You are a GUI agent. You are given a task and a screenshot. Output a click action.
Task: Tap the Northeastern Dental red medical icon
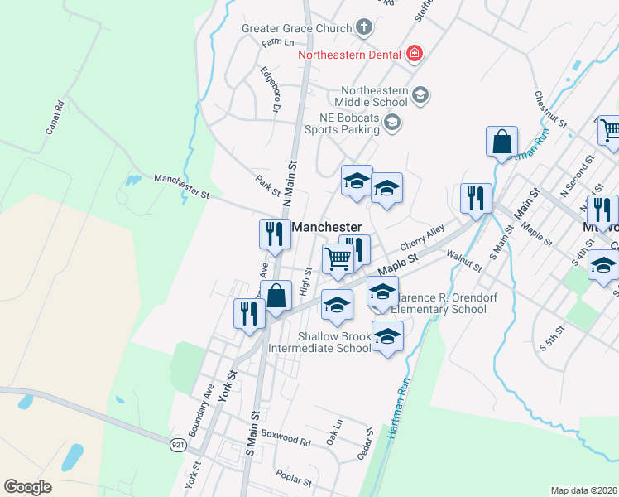coord(415,55)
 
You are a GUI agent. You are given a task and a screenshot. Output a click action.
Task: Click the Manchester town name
coord(326,227)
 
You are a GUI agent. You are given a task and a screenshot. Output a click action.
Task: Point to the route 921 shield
coord(177,446)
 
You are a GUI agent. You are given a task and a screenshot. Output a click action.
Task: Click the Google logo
coord(27,487)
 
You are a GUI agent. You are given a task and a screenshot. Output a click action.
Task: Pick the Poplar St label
coord(295,480)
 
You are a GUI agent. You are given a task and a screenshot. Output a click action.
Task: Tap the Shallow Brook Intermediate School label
coord(334,342)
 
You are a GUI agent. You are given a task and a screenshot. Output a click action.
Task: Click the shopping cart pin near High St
coord(338,259)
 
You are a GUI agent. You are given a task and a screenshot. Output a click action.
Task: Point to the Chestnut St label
coord(550,109)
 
